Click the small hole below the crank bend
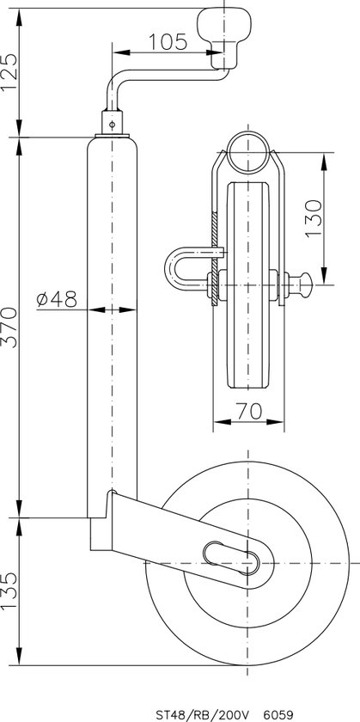[x=113, y=123]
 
